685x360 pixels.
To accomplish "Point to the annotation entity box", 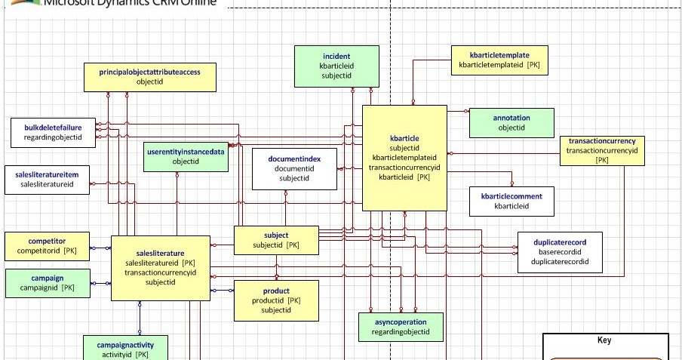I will pyautogui.click(x=511, y=123).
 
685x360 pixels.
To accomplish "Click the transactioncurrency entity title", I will pyautogui.click(x=602, y=141).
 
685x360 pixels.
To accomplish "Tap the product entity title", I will pyautogui.click(x=276, y=291).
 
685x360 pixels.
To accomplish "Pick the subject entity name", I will pyautogui.click(x=276, y=235).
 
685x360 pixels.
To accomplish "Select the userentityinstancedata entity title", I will pyautogui.click(x=186, y=152).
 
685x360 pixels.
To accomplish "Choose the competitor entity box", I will pyautogui.click(x=47, y=245).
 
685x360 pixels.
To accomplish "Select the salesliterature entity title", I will pyautogui.click(x=160, y=253).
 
